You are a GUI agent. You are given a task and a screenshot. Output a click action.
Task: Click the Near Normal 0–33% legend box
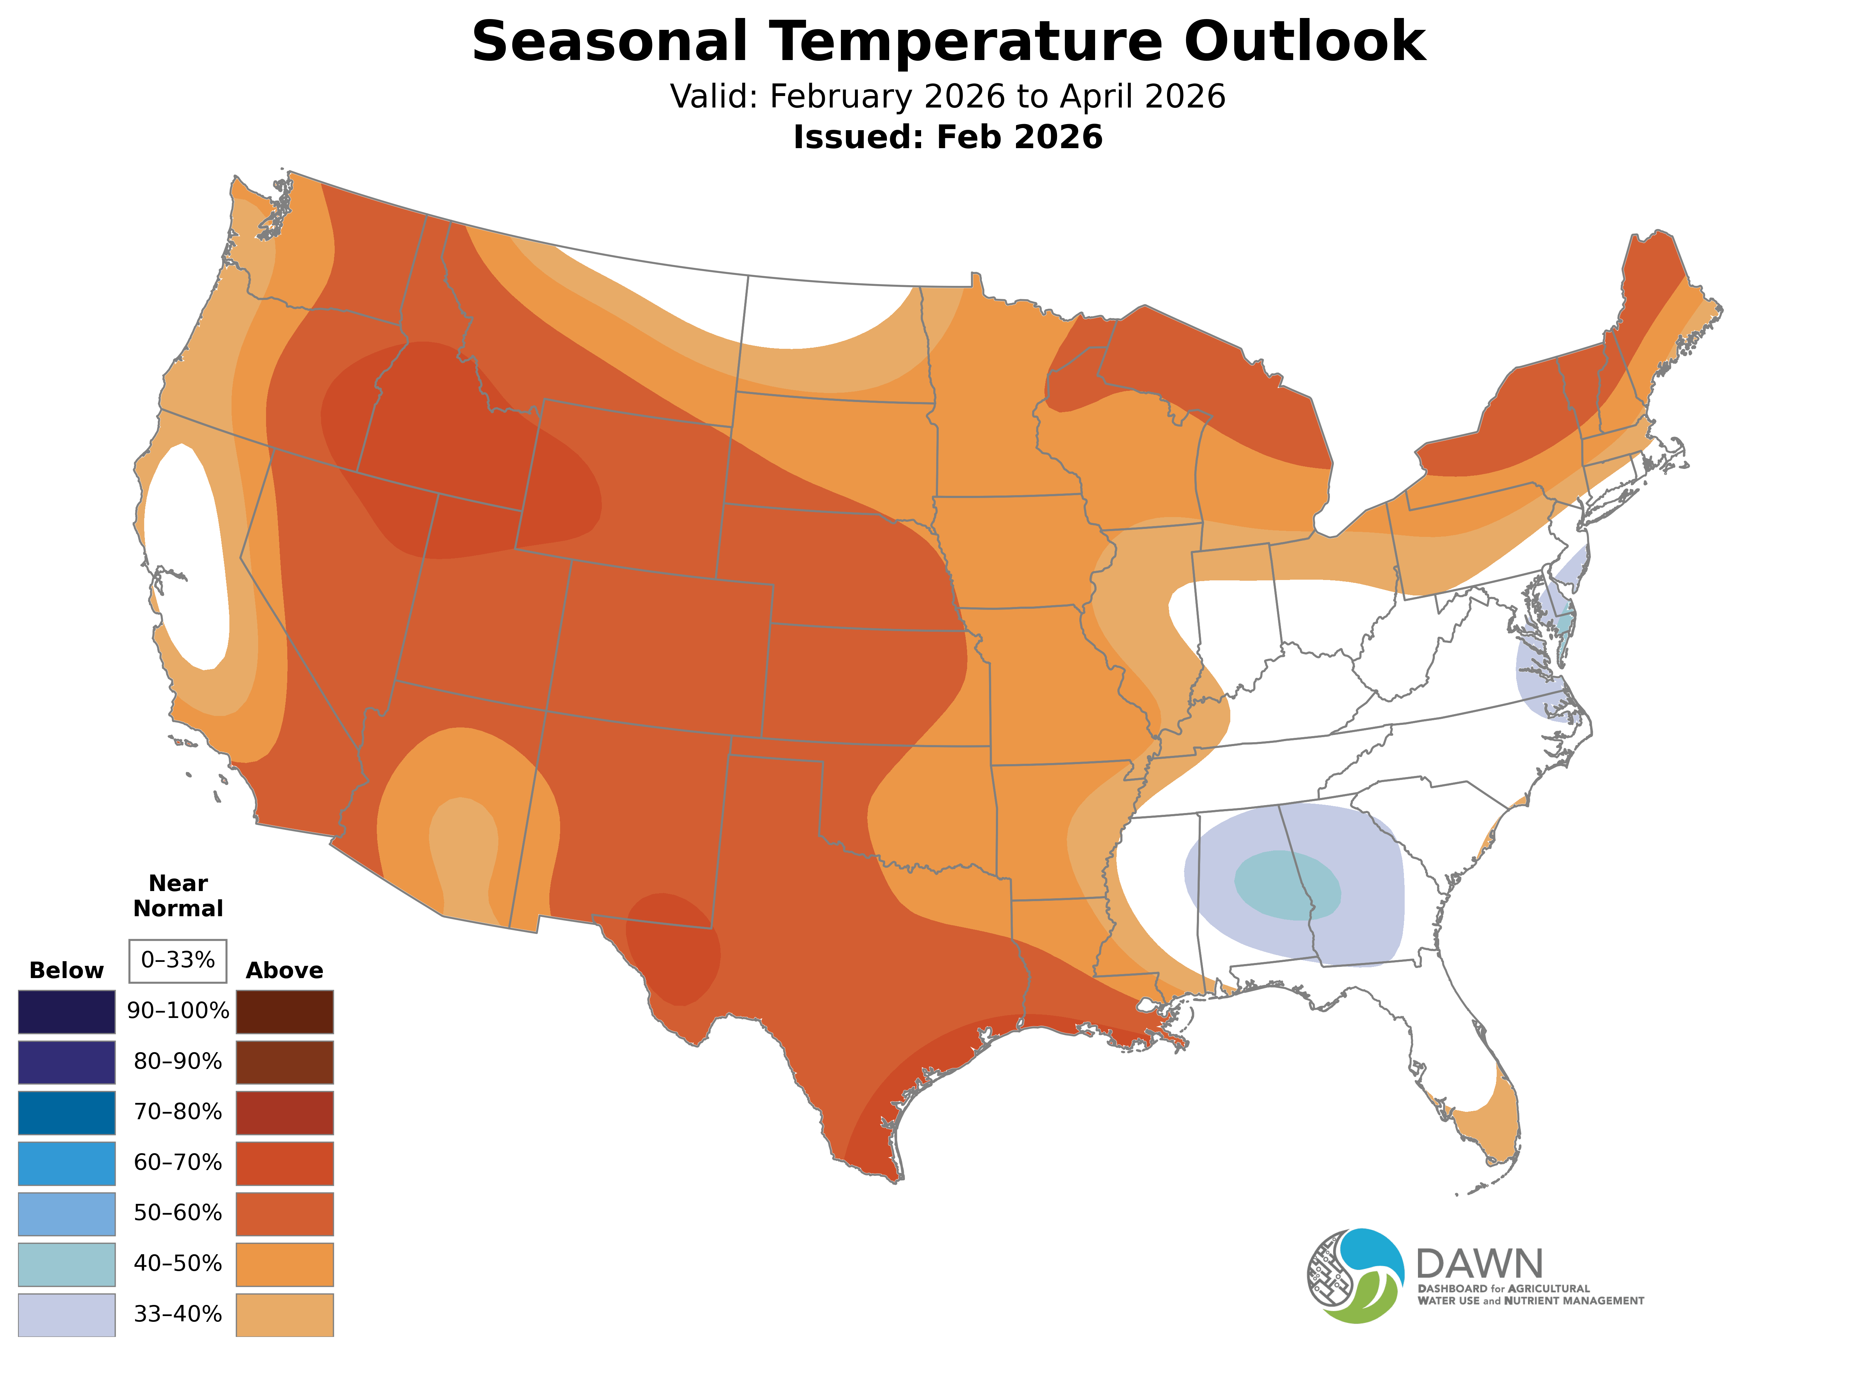coord(178,961)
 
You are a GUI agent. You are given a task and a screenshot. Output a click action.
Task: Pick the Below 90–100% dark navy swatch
coord(67,1012)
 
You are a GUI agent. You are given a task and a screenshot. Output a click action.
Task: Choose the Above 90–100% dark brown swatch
coord(285,1012)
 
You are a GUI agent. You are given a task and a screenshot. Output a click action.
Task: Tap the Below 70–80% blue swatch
coord(67,1113)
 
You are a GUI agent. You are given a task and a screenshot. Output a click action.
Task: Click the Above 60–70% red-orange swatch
coord(285,1164)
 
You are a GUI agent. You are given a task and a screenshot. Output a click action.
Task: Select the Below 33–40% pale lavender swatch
coord(67,1315)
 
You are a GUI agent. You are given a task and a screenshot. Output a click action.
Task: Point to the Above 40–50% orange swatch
coord(285,1265)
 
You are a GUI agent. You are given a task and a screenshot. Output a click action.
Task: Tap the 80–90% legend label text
coord(178,1062)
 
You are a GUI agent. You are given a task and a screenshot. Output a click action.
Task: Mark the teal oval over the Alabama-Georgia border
coord(1287,885)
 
